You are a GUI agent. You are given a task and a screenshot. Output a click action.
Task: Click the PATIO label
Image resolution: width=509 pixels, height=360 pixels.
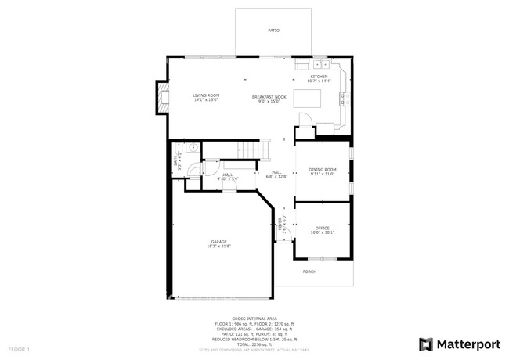[274, 30]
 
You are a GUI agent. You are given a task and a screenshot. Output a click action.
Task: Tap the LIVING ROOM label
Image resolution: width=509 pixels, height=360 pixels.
[207, 95]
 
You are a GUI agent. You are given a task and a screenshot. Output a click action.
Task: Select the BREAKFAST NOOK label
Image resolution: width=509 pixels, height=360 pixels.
[269, 96]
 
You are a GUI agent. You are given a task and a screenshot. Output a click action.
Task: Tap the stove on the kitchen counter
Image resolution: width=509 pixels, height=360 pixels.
[343, 98]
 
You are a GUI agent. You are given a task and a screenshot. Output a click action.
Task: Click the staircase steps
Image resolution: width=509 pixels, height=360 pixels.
[248, 149]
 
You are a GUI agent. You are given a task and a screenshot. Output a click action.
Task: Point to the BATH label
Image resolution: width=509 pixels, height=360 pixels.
[175, 162]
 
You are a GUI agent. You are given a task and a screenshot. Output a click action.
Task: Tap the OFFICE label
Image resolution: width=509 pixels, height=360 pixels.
[322, 228]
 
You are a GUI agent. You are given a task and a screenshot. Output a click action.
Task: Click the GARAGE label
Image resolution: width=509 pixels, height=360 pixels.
[218, 242]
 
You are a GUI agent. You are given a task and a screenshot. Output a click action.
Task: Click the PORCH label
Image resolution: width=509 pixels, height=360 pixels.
[309, 272]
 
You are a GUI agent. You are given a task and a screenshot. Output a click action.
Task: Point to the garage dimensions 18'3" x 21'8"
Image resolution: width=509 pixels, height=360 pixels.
[218, 247]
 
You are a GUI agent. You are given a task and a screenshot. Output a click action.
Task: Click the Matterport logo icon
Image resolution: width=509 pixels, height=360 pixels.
[426, 344]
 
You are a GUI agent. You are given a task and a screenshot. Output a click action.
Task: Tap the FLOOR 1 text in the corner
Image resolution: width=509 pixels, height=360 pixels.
[19, 347]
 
